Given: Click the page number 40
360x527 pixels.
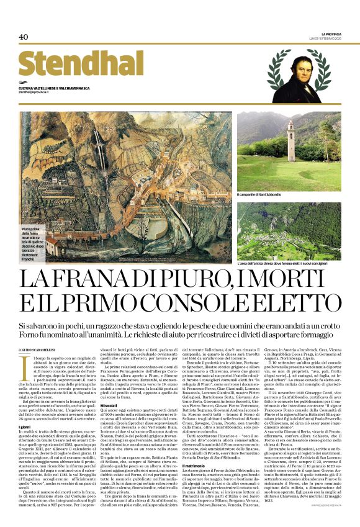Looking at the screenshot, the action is pos(24,37).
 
